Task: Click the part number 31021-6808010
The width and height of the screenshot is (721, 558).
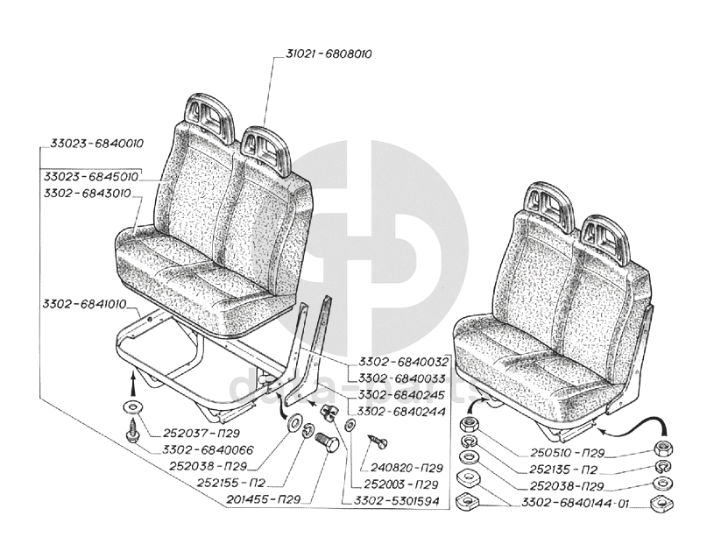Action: (x=329, y=53)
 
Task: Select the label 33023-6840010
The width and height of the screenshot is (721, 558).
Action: (x=96, y=144)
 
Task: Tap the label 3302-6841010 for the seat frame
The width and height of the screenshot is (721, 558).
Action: (x=85, y=304)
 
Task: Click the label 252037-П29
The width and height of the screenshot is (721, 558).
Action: (x=201, y=433)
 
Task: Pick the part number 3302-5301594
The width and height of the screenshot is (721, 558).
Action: (x=396, y=501)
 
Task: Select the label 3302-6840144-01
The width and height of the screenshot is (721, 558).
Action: (x=575, y=504)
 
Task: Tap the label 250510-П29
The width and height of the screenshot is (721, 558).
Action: (x=567, y=453)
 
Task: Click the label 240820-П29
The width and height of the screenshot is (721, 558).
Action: (x=401, y=468)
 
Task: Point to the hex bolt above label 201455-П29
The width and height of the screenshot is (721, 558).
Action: (x=327, y=441)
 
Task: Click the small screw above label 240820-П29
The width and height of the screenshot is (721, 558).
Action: (x=378, y=441)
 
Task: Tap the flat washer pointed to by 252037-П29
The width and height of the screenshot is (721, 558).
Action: (x=132, y=406)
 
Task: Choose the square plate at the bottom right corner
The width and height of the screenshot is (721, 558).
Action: (x=662, y=505)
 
